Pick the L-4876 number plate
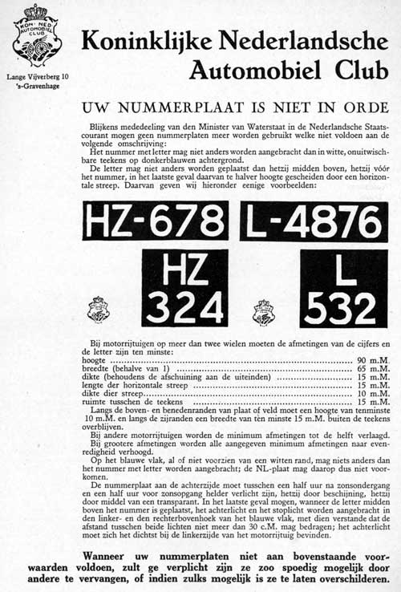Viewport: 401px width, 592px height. pyautogui.click(x=314, y=221)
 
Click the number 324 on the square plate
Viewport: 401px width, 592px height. pyautogui.click(x=184, y=308)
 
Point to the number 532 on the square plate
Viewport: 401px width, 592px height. pyautogui.click(x=343, y=308)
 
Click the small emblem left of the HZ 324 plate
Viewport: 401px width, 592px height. pyautogui.click(x=99, y=310)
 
